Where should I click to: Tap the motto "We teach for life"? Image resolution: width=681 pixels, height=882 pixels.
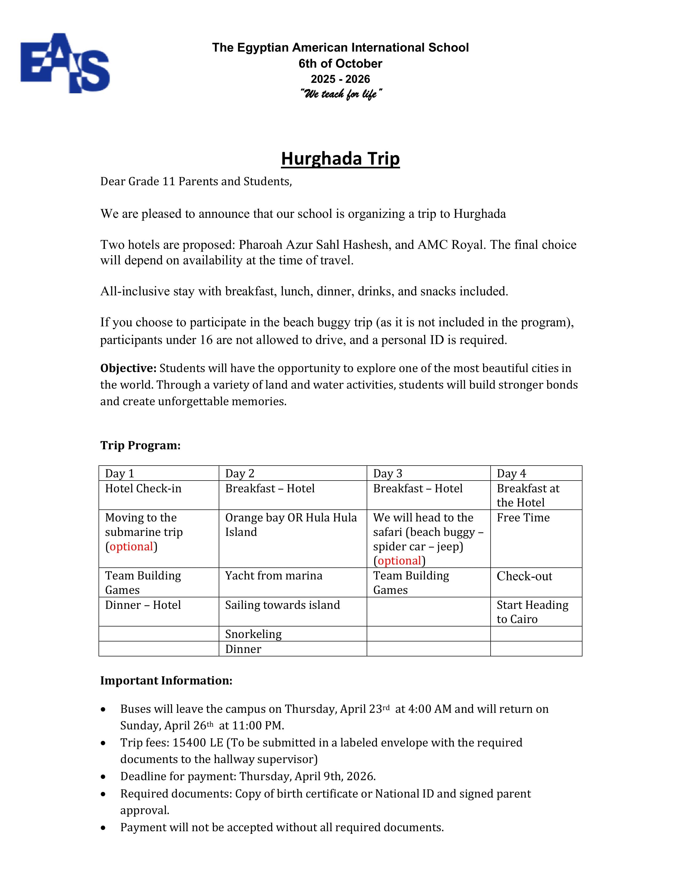pos(340,94)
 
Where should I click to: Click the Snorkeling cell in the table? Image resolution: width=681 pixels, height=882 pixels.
pos(253,634)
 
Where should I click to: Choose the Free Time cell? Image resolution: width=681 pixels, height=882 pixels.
pos(523,517)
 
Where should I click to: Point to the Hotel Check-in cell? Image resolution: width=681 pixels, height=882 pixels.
pos(143,488)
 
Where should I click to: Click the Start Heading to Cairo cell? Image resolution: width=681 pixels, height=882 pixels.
pos(532,612)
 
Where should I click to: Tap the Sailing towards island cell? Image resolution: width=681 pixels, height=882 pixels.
pos(282,605)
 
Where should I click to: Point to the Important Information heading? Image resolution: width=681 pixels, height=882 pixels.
pos(166,680)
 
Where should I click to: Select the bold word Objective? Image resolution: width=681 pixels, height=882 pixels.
pos(128,368)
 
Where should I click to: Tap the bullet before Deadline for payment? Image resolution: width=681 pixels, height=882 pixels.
pos(104,777)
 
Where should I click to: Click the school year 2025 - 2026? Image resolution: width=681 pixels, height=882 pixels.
pos(340,79)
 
